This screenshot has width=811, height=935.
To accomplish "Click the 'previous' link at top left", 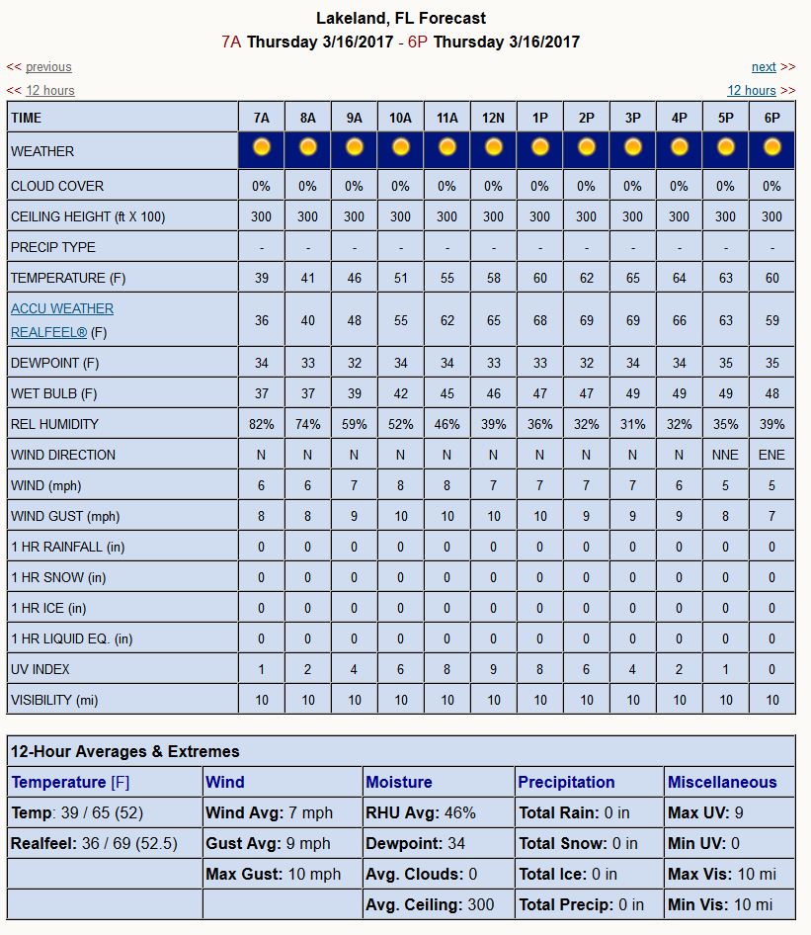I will pyautogui.click(x=48, y=67).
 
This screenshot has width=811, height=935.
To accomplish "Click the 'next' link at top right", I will pyautogui.click(x=764, y=67).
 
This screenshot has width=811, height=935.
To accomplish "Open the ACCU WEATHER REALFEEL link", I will pyautogui.click(x=62, y=320).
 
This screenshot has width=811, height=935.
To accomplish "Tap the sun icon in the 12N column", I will pyautogui.click(x=494, y=147).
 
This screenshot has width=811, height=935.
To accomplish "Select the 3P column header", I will pyautogui.click(x=632, y=118).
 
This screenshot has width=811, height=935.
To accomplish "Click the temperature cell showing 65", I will pyautogui.click(x=632, y=278).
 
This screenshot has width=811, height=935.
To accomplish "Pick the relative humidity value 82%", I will pyautogui.click(x=262, y=424).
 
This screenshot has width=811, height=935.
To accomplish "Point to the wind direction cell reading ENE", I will pyautogui.click(x=771, y=455).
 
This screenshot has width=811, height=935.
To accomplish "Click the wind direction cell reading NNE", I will pyautogui.click(x=725, y=455).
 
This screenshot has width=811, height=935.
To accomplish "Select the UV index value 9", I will pyautogui.click(x=494, y=669).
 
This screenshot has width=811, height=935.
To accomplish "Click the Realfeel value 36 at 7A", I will pyautogui.click(x=262, y=320).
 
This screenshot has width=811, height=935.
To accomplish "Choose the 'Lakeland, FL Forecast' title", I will pyautogui.click(x=401, y=18).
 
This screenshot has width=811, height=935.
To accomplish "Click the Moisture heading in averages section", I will pyautogui.click(x=399, y=782).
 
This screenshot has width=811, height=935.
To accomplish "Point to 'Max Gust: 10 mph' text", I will pyautogui.click(x=273, y=874).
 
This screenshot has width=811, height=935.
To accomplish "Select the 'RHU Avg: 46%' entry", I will pyautogui.click(x=421, y=812).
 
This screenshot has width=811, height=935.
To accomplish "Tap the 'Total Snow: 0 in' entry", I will pyautogui.click(x=574, y=843).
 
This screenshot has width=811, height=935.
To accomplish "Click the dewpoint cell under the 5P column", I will pyautogui.click(x=725, y=363).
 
